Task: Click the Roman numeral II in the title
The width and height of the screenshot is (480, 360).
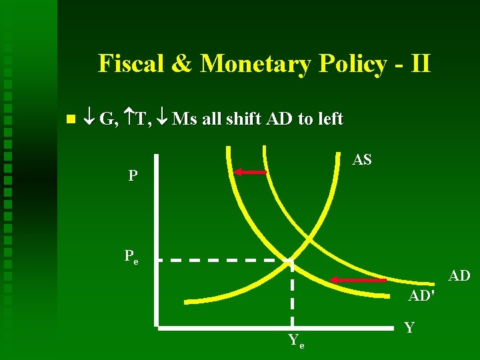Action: point(417,64)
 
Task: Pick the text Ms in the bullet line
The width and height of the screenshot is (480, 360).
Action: point(184,119)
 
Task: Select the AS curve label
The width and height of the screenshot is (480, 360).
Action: point(362,161)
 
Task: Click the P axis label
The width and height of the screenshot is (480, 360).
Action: point(133,176)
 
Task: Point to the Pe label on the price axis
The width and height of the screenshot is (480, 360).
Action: point(131,257)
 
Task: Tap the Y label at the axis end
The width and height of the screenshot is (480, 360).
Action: point(409,327)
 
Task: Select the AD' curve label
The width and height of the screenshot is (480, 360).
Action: point(421,295)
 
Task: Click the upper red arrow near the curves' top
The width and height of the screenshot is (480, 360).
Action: point(250,172)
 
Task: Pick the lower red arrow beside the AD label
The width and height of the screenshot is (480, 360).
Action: point(359,280)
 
